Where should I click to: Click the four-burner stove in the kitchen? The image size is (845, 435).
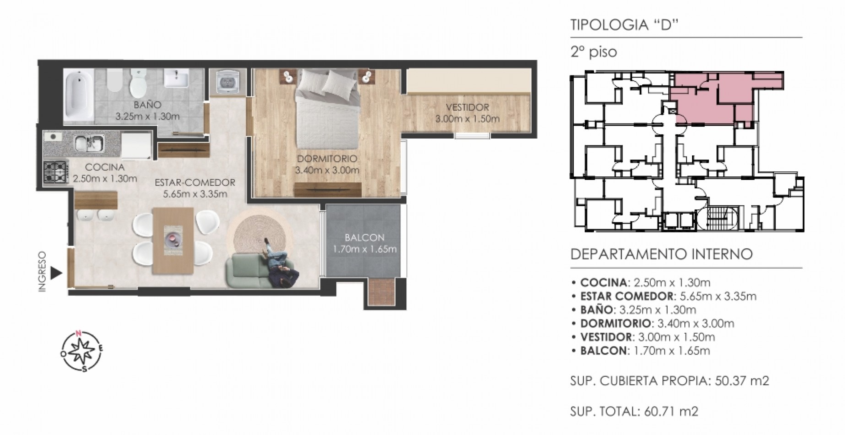[55, 172]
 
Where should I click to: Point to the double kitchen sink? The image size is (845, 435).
[90, 144]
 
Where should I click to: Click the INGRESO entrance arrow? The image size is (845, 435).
[56, 273]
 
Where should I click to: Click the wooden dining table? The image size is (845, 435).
[173, 241]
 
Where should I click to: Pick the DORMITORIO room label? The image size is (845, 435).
[327, 159]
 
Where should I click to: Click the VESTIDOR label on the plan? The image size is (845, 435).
[468, 108]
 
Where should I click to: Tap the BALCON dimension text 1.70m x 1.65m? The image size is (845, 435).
[365, 250]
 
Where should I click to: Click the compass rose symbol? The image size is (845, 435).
[82, 351]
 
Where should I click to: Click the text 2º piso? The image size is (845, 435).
[594, 52]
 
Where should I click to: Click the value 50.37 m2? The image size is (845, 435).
[742, 381]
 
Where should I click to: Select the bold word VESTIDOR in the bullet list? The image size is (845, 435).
[606, 337]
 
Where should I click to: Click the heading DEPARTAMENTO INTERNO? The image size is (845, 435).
[661, 254]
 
